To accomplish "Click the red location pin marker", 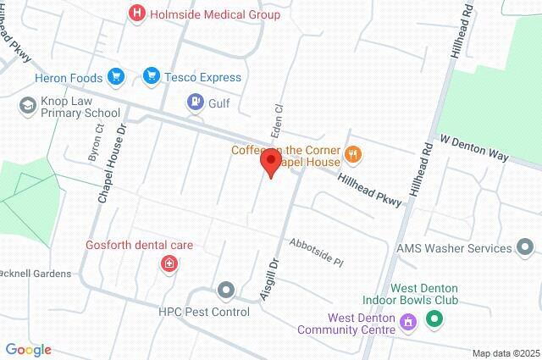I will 270,162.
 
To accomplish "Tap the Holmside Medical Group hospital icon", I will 135,14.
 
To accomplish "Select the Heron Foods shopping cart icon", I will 116,78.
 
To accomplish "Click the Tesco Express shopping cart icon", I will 152,77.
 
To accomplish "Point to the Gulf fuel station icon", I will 195,102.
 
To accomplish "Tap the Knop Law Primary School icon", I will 26,106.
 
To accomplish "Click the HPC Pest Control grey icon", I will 225,291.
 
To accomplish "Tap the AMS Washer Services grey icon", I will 525,248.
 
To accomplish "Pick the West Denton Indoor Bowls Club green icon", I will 434,319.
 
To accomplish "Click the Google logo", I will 28,349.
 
